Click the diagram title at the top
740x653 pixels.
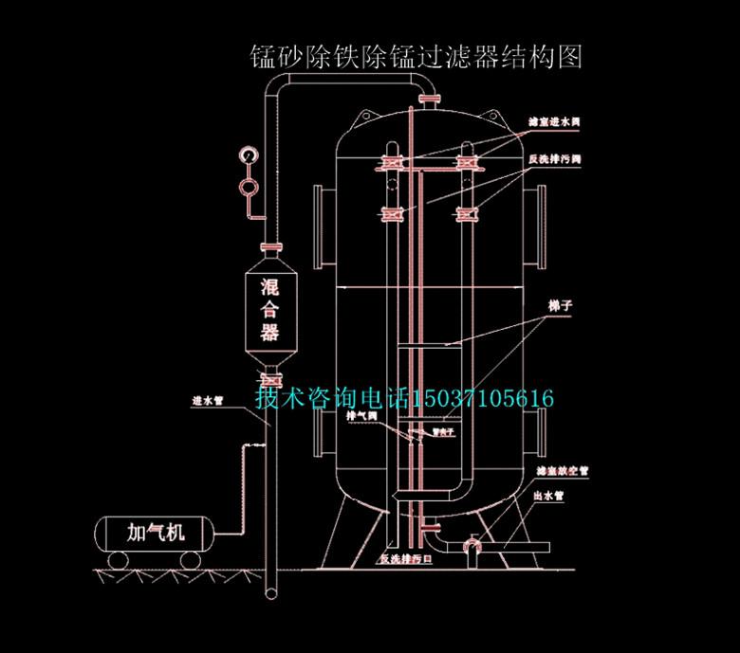[414, 56]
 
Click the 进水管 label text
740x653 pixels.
[207, 400]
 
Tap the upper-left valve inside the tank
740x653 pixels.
[391, 164]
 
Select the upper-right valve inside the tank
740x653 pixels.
[466, 164]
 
